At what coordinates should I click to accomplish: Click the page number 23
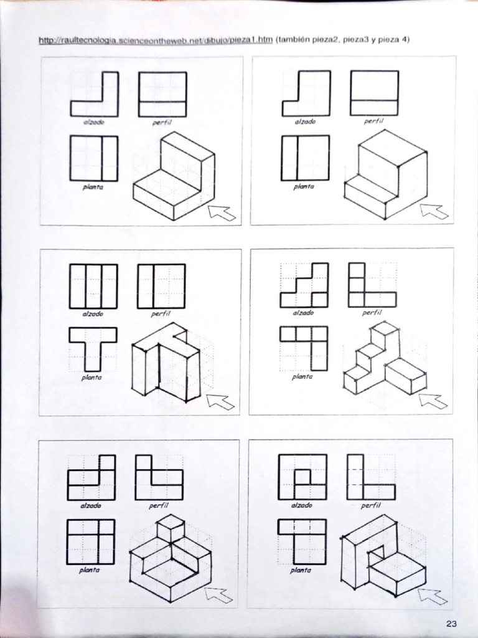point(452,624)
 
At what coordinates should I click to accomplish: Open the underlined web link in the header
point(156,40)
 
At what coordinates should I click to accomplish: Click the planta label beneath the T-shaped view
point(92,377)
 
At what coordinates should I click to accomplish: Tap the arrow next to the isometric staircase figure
point(433,401)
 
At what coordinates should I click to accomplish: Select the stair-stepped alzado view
point(304,285)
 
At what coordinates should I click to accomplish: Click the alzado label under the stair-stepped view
point(303,313)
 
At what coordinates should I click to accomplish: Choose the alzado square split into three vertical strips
point(93,286)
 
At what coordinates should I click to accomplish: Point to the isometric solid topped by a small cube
point(171,558)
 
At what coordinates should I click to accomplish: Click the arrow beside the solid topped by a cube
point(219,595)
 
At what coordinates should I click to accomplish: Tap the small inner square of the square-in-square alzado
point(302,477)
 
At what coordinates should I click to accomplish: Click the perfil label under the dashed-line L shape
point(370,506)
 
